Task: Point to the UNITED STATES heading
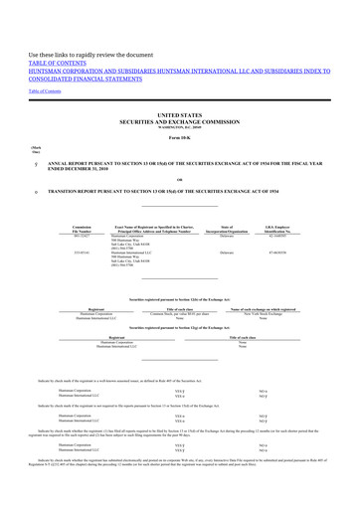pyautogui.click(x=179, y=143)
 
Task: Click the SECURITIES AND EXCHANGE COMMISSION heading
pyautogui.click(x=179, y=150)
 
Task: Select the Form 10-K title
pyautogui.click(x=179, y=167)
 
